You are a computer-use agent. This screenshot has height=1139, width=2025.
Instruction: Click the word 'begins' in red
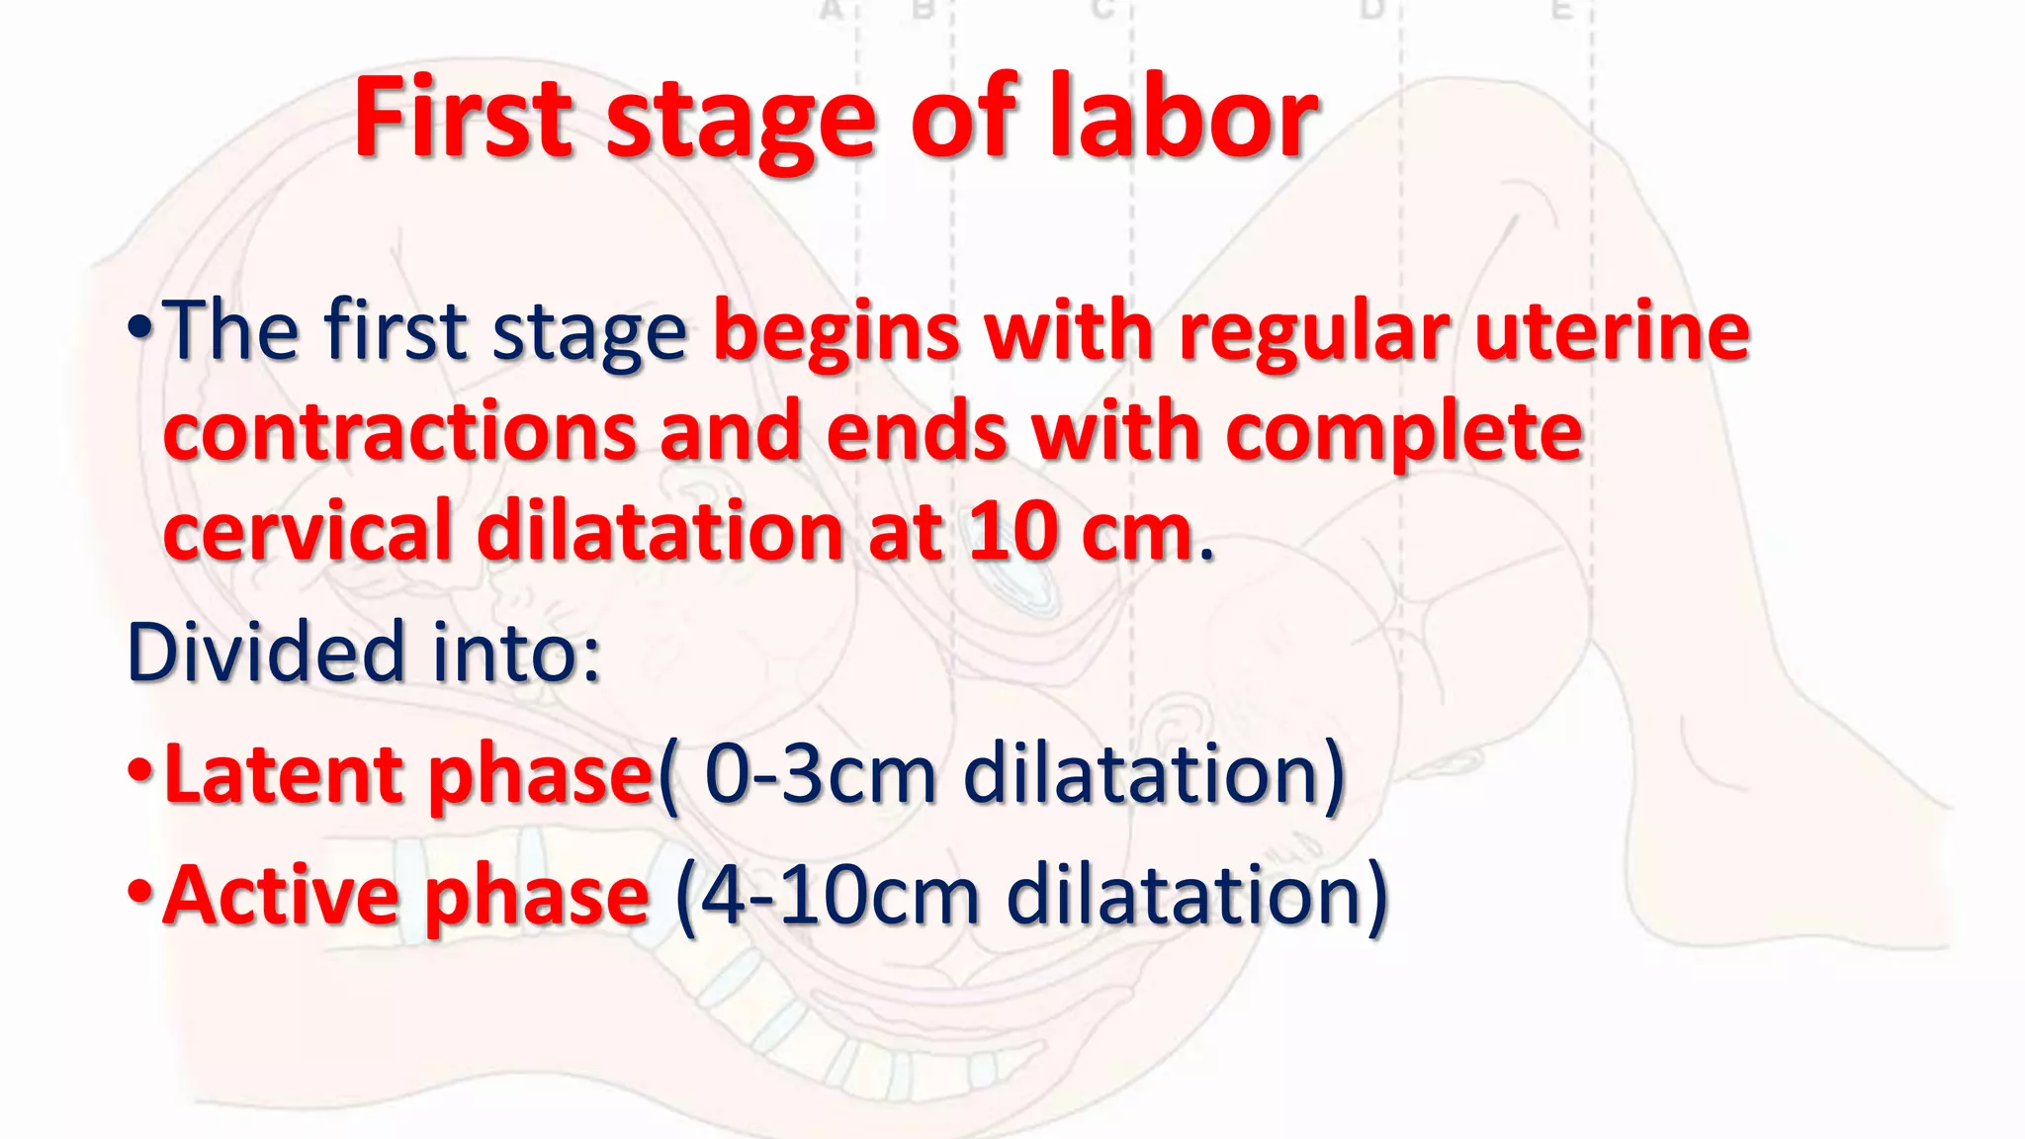(836, 333)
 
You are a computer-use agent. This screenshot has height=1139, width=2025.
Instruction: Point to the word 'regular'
(1314, 333)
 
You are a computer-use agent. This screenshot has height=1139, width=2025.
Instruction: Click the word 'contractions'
(399, 432)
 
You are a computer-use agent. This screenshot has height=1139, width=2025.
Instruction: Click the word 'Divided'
(266, 652)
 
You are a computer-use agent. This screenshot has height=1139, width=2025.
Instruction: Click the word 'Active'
(281, 895)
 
